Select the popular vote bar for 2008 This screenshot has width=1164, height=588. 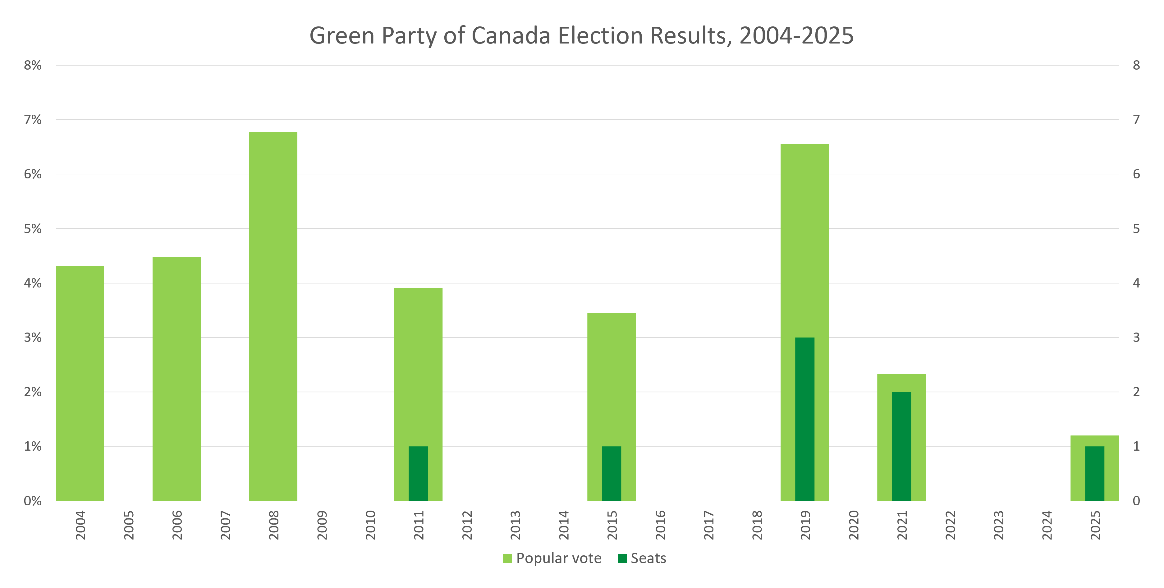273,316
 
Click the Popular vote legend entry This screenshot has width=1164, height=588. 552,558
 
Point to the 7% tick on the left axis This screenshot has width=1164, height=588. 33,120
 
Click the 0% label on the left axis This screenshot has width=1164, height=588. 33,501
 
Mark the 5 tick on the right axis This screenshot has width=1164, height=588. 1136,229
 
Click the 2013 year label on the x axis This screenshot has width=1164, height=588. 515,525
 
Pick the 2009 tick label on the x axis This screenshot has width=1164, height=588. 322,525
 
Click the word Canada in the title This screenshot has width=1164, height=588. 511,35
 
